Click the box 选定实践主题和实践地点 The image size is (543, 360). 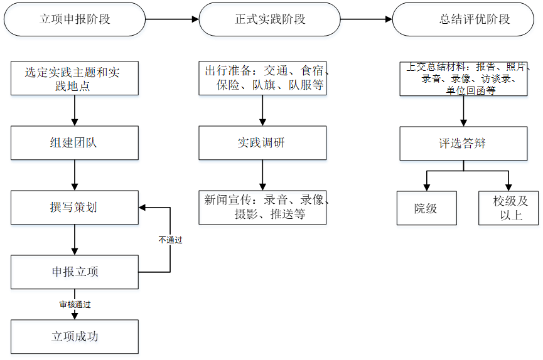point(75,80)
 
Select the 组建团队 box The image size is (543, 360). point(75,144)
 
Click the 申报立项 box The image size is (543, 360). point(75,273)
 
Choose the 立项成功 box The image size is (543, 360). point(75,338)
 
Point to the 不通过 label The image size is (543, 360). point(170,240)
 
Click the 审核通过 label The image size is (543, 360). point(75,305)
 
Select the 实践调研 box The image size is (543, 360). point(262,144)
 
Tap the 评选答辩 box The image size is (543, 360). point(463,144)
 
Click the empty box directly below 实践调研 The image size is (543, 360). point(262,209)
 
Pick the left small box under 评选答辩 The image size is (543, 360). point(426,209)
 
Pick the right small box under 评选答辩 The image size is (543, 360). point(508,209)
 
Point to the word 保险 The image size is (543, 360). point(230,85)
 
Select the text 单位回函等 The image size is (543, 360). point(471,90)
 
